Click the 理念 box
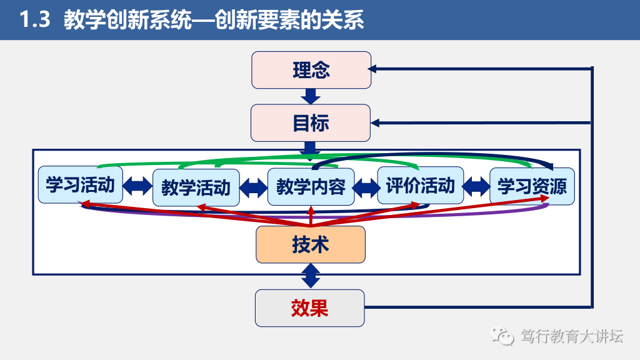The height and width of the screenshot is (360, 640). click(311, 70)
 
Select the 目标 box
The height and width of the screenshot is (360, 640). click(311, 122)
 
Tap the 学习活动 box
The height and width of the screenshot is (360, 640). click(80, 184)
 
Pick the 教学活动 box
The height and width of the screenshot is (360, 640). click(196, 187)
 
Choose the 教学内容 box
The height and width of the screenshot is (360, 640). click(311, 187)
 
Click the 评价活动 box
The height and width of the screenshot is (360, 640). click(420, 185)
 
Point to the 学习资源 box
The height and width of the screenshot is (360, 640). click(531, 186)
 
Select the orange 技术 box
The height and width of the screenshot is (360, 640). click(311, 244)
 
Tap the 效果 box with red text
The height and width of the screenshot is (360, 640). click(309, 307)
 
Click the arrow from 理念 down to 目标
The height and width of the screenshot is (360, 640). click(311, 96)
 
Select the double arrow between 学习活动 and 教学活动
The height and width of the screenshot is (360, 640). click(137, 186)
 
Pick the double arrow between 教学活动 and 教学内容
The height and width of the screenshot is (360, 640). click(253, 186)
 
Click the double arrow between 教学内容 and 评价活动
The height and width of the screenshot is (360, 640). click(366, 186)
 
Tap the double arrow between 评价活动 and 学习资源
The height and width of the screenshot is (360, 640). click(476, 185)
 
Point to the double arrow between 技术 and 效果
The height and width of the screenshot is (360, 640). click(311, 276)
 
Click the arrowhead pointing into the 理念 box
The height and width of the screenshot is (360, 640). click(374, 69)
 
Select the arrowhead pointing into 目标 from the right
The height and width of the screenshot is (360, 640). click(375, 122)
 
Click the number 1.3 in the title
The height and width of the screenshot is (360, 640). click(34, 20)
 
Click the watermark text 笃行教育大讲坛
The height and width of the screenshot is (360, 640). click(571, 337)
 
